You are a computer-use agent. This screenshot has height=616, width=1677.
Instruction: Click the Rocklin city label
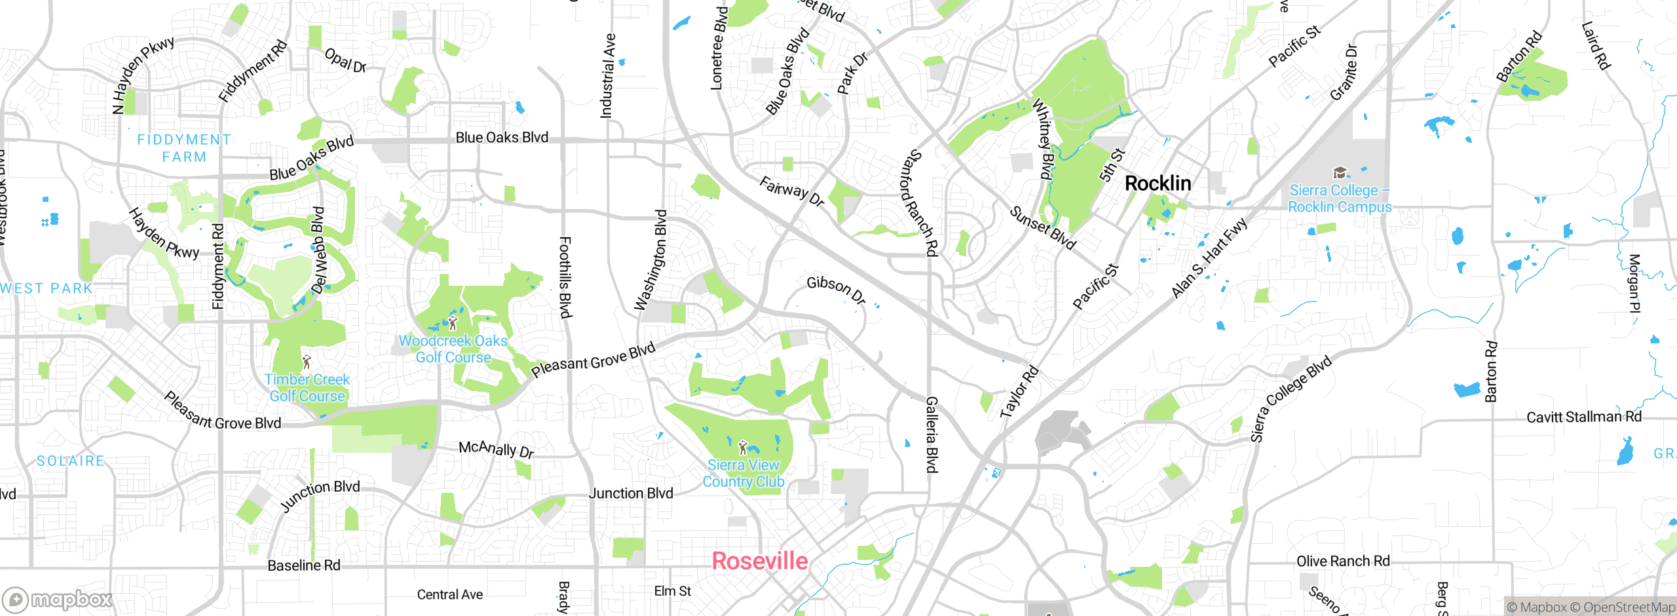tap(1158, 183)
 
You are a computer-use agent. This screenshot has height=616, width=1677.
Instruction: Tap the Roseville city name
tap(759, 561)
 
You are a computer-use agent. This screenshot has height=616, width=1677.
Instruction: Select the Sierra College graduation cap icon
tap(1340, 173)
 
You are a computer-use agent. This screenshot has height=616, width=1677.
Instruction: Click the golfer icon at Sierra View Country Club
tap(742, 448)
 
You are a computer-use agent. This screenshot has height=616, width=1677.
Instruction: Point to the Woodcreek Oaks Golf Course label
tap(453, 349)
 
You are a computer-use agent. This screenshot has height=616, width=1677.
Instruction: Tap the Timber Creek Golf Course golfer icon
tap(306, 362)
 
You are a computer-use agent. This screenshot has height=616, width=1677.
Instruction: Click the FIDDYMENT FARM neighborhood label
tap(184, 148)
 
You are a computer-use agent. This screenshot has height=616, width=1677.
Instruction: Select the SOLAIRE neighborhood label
tap(71, 461)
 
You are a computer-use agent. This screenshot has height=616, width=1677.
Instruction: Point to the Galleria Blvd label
tap(932, 434)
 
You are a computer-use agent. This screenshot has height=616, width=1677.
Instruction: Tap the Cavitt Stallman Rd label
tap(1584, 417)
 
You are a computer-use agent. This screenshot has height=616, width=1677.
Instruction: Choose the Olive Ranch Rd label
tap(1343, 561)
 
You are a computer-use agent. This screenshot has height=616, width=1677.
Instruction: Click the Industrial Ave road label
tap(608, 76)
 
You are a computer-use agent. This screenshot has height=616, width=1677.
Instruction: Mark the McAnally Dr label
tap(496, 449)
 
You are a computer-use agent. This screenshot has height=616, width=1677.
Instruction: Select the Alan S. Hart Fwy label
tap(1209, 258)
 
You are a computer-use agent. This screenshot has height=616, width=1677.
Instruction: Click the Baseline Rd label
tap(304, 565)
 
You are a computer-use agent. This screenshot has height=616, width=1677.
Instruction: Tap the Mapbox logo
tap(58, 599)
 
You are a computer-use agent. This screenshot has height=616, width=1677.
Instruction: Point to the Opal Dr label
tap(345, 60)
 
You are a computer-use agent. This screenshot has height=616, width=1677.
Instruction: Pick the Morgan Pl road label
tap(1634, 283)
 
